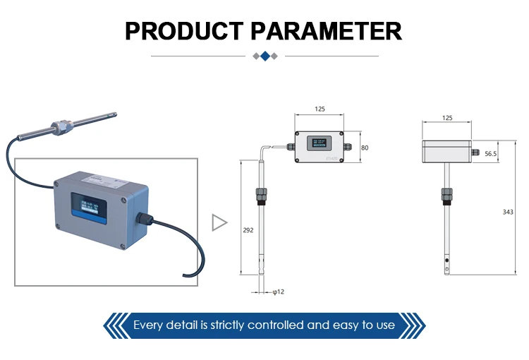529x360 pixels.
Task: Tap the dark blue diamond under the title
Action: point(264,56)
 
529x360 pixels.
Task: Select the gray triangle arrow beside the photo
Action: point(219,223)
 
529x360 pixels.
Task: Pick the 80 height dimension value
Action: point(365,148)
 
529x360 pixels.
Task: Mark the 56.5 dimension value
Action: point(491,153)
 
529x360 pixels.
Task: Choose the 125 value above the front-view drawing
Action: point(320,109)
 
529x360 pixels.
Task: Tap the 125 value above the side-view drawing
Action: point(446,119)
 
